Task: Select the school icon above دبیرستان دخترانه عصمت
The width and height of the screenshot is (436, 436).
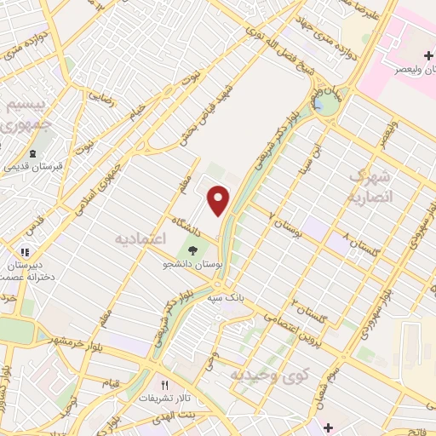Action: click(x=26, y=252)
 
